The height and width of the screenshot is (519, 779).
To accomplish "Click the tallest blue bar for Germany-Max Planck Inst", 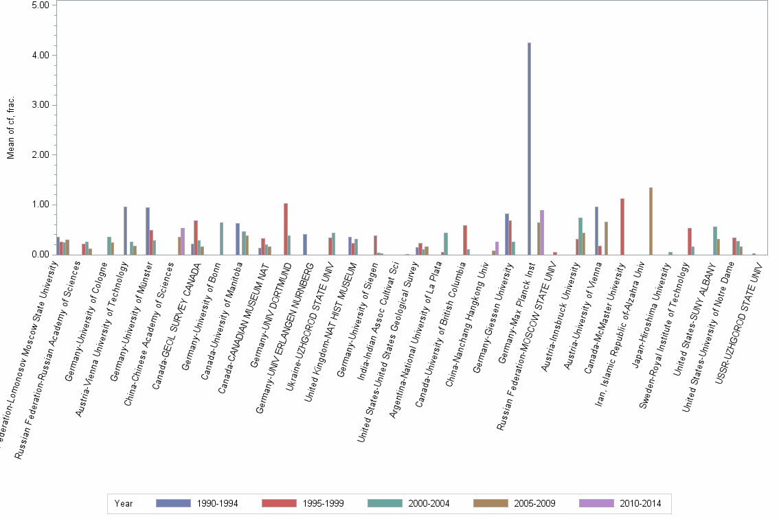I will click(529, 148).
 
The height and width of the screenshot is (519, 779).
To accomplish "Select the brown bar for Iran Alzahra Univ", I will click(650, 221).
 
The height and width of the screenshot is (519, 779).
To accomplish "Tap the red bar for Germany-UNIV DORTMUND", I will click(286, 229).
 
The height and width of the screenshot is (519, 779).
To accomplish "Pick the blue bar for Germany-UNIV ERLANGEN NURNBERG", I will click(304, 244).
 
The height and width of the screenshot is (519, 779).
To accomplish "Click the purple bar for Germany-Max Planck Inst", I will click(543, 232).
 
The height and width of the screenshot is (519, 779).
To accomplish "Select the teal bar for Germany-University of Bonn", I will click(221, 238).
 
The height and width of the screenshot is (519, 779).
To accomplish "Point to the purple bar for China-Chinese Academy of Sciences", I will click(183, 241).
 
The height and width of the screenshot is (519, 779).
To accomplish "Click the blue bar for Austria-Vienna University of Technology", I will click(125, 231).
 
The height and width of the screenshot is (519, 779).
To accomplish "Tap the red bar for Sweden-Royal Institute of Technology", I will click(690, 241).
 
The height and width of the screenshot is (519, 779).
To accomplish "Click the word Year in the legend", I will click(124, 503).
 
